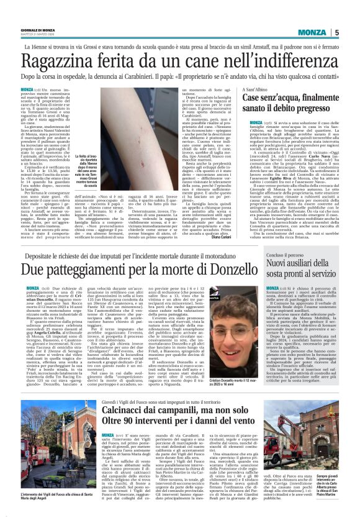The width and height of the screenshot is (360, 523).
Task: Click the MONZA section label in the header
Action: pos(314,33)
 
